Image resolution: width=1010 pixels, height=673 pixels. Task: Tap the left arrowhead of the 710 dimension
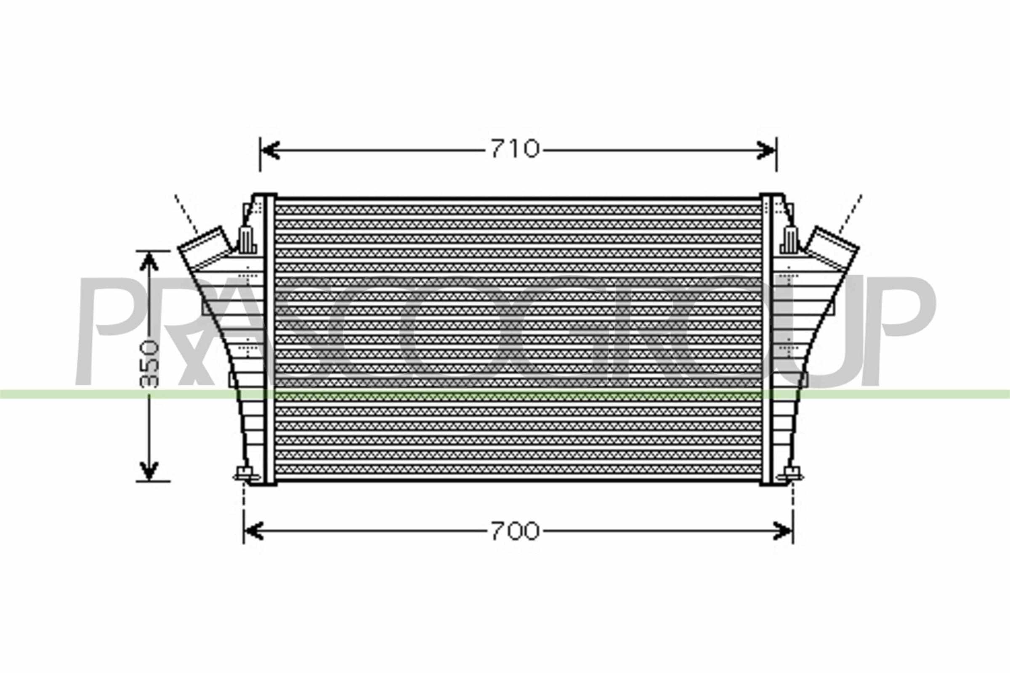(270, 150)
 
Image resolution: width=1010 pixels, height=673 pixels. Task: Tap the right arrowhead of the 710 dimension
(767, 150)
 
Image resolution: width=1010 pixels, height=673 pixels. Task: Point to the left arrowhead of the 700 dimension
(253, 531)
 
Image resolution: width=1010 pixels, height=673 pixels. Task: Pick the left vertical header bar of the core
(270, 339)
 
